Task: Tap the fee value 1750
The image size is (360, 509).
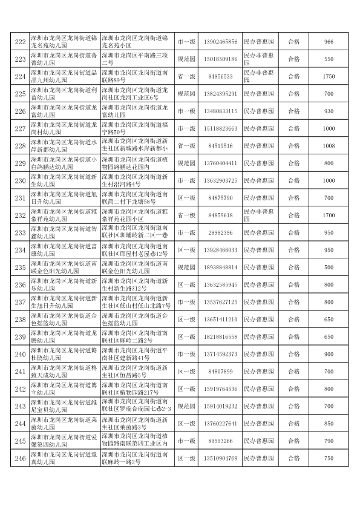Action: pos(329,77)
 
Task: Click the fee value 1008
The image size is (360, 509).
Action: pos(329,146)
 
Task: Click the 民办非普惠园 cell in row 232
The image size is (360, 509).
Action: pos(259,215)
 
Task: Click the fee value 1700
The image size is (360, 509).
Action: pos(329,215)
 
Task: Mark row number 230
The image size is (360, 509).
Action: pos(20,181)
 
